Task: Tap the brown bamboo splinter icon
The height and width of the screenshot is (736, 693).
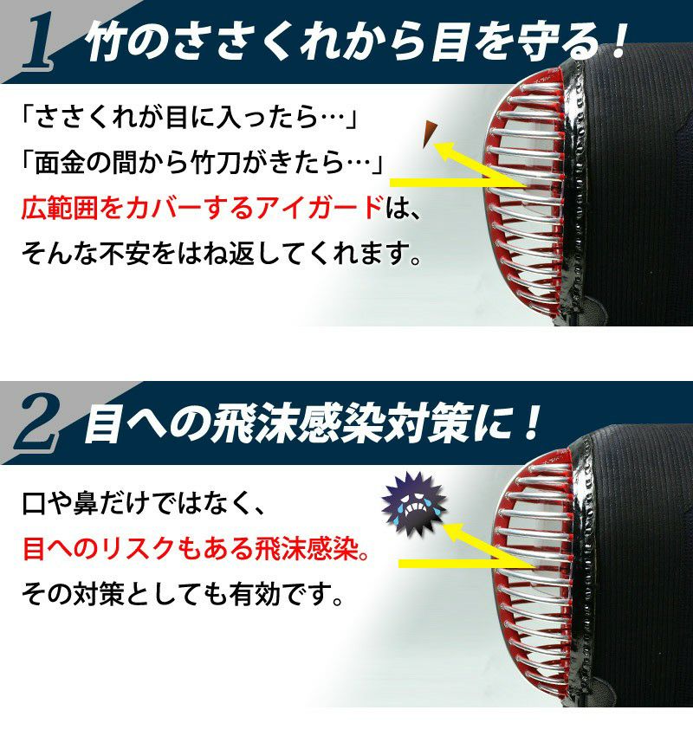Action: click(x=429, y=133)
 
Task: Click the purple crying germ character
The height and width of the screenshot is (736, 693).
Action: click(x=414, y=504)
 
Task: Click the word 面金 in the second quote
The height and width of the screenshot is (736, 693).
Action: click(x=60, y=163)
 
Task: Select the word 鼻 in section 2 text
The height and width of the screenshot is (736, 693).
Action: click(x=87, y=503)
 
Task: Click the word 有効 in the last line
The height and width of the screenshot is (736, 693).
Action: click(x=255, y=593)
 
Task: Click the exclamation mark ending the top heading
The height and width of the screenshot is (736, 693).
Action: click(x=619, y=40)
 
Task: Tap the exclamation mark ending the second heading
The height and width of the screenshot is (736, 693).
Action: click(x=532, y=423)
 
